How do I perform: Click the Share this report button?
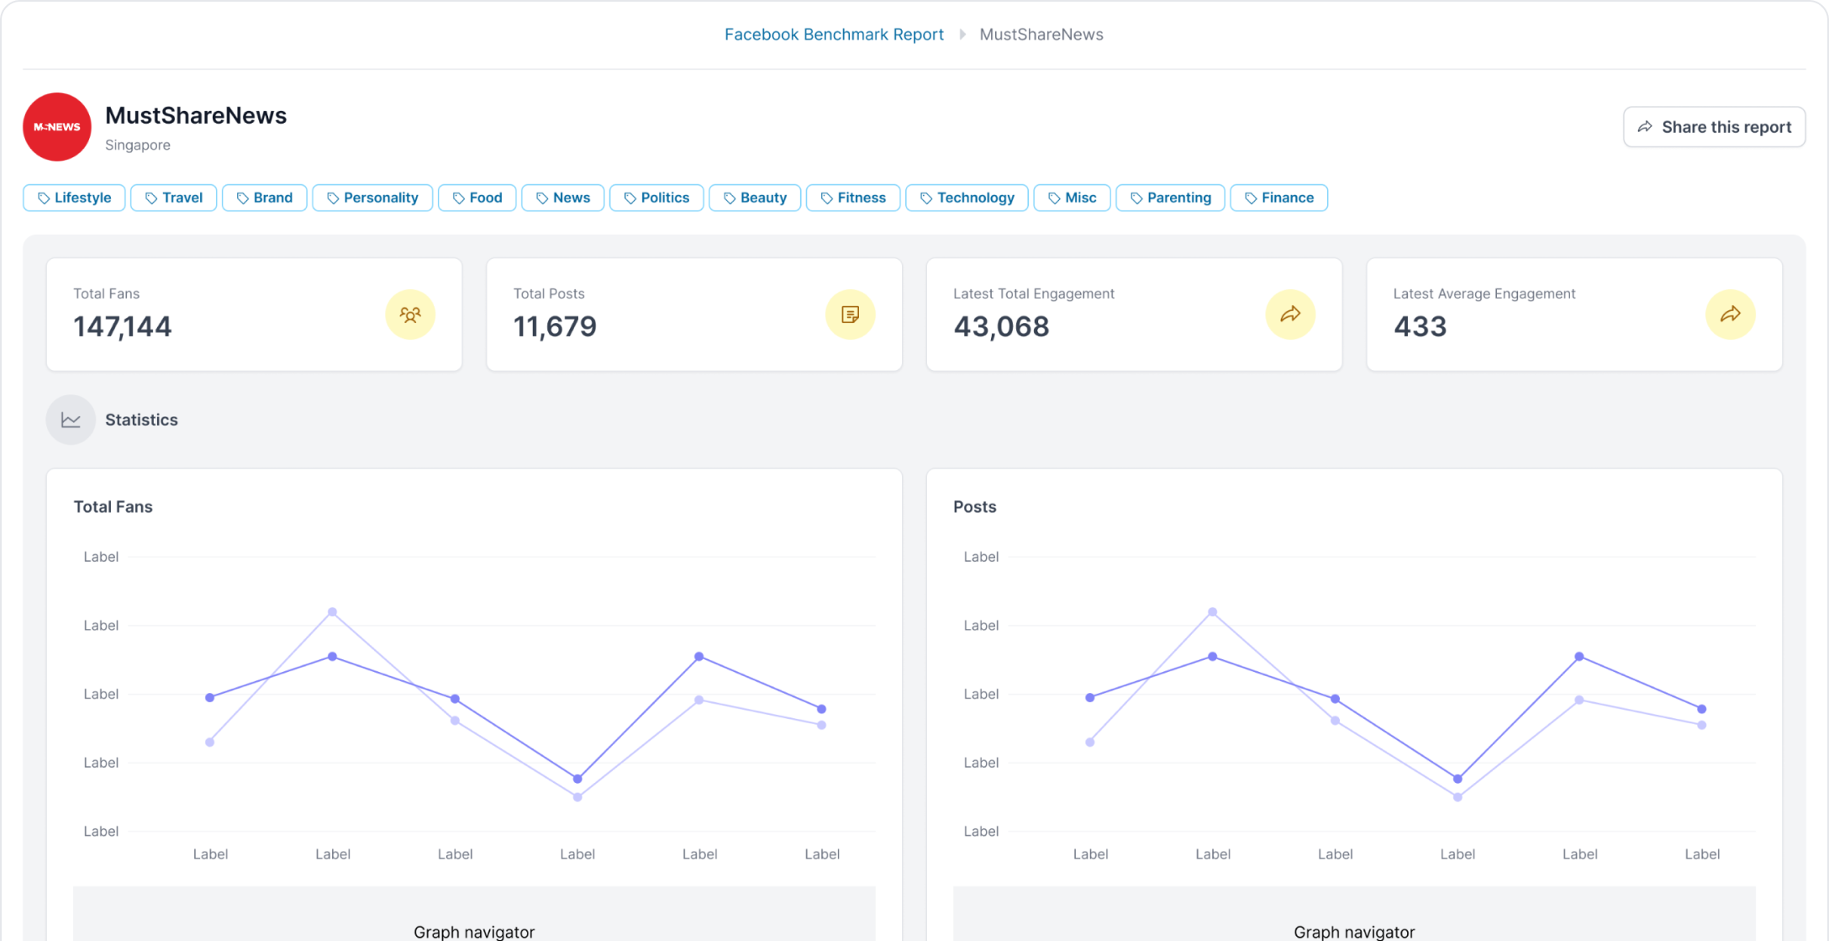click(x=1714, y=127)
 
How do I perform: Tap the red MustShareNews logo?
click(x=57, y=127)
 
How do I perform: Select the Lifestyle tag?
click(x=74, y=198)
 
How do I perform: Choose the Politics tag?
click(x=656, y=198)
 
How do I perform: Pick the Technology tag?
click(x=967, y=198)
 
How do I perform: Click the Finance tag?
click(x=1278, y=198)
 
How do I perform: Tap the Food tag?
click(x=477, y=198)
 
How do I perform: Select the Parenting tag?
click(x=1170, y=198)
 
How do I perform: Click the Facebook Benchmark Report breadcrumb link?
click(x=834, y=34)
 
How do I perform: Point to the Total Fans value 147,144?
click(x=123, y=326)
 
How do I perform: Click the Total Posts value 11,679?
click(x=555, y=326)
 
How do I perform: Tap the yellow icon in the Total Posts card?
click(x=850, y=315)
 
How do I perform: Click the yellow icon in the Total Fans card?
click(x=410, y=315)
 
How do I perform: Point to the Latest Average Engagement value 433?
click(x=1420, y=326)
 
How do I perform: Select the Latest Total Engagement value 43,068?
click(x=1001, y=326)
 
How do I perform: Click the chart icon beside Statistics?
click(x=71, y=420)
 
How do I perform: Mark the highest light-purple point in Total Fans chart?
click(x=333, y=612)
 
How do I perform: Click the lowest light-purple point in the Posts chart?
click(x=1457, y=797)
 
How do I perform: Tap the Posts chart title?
click(x=974, y=507)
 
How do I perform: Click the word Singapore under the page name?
click(x=138, y=145)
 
